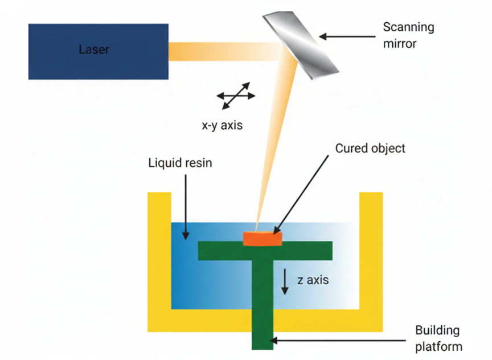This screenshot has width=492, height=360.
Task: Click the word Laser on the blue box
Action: tap(94, 50)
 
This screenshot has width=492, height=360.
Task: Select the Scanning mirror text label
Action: tap(408, 35)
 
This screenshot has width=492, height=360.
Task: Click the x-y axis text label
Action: tap(222, 125)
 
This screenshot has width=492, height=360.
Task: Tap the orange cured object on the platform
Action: tap(263, 238)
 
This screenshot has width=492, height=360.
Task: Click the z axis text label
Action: tap(313, 280)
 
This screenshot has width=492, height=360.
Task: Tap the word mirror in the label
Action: tap(400, 43)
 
